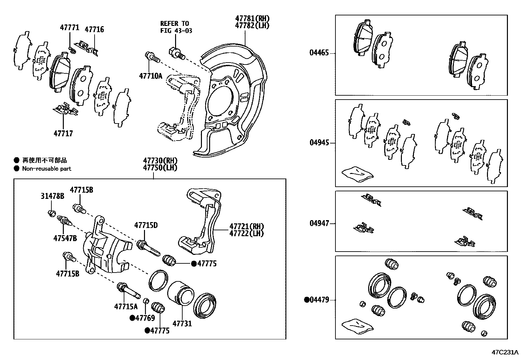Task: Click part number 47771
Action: click(69, 28)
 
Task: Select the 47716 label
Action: click(94, 29)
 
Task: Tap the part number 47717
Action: click(63, 133)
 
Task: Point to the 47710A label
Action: click(151, 76)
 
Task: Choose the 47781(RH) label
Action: click(252, 19)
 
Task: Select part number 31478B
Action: click(52, 196)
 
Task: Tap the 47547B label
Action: click(65, 238)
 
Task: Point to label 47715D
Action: click(146, 225)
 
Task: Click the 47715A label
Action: click(126, 307)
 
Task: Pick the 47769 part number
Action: click(145, 318)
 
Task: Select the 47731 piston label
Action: click(182, 324)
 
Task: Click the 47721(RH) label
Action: click(246, 226)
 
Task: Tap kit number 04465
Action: click(319, 53)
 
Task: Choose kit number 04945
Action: click(319, 143)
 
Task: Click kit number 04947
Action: click(319, 223)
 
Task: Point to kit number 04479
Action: click(319, 300)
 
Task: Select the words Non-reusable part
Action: click(46, 169)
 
